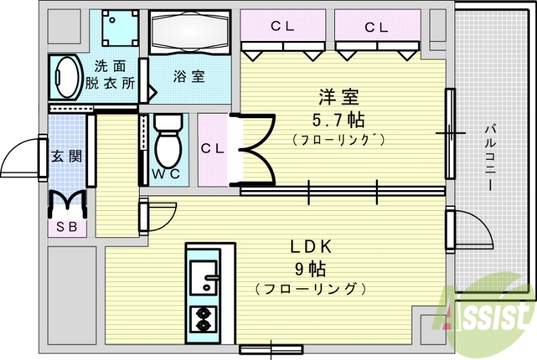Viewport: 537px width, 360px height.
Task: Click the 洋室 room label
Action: [338, 97]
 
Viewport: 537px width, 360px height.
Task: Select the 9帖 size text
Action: [309, 269]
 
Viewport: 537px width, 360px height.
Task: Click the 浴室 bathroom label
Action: [189, 76]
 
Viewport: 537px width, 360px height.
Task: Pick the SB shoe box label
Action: [66, 226]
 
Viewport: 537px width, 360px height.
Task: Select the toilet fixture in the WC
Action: [168, 142]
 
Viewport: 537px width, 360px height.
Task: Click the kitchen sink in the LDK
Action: [203, 275]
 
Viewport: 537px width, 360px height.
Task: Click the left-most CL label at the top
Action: [282, 27]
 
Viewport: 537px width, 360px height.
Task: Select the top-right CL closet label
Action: [376, 27]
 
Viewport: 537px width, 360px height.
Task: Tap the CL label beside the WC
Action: [213, 149]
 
